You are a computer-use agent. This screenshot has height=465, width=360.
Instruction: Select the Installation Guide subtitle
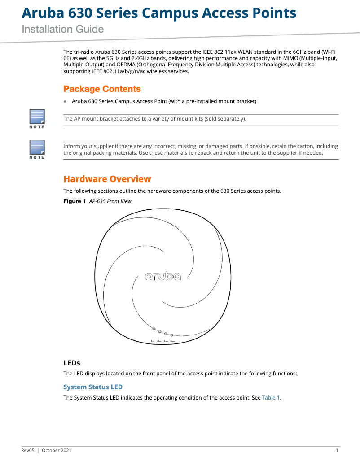(x=63, y=30)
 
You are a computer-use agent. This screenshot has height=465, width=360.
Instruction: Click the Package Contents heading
(x=102, y=89)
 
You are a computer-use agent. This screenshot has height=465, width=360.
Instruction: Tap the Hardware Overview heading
(x=107, y=179)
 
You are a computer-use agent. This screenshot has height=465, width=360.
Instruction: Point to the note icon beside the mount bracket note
(x=37, y=118)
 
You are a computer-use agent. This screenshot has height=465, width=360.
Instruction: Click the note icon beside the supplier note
(x=37, y=149)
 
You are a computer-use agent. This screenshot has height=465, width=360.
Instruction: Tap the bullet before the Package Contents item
(x=65, y=102)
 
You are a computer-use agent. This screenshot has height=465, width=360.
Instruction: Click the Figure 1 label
(x=75, y=201)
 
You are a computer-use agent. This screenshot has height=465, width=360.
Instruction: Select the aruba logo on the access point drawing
(x=163, y=277)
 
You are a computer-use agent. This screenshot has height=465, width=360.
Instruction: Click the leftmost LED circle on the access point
(x=154, y=329)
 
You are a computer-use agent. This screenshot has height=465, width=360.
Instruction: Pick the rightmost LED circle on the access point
(x=171, y=335)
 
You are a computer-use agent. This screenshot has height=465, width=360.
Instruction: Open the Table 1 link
(x=271, y=398)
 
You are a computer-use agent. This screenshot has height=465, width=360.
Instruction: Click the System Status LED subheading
(x=93, y=387)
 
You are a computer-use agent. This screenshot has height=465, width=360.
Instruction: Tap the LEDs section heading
(x=72, y=362)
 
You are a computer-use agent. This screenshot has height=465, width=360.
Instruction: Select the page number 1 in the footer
(x=337, y=450)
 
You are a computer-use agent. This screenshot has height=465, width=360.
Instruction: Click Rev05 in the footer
(x=28, y=450)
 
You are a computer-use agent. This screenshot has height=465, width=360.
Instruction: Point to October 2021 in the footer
(x=57, y=450)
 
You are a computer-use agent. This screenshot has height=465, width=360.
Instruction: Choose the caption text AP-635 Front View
(x=110, y=201)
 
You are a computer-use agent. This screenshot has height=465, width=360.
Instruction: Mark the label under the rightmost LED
(x=172, y=341)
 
